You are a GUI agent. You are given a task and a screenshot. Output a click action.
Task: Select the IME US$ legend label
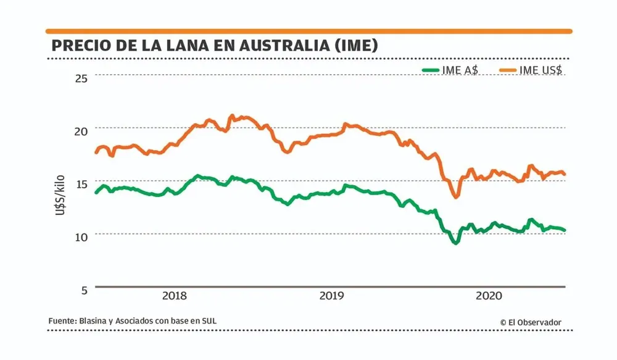tap(540, 70)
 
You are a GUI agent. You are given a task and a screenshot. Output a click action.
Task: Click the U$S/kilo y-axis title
tap(61, 193)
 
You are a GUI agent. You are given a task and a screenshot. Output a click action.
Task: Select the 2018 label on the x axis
tap(175, 296)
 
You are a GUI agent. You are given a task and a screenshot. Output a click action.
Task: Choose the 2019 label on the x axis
tap(332, 296)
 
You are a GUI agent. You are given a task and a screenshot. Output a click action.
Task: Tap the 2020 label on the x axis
tap(489, 296)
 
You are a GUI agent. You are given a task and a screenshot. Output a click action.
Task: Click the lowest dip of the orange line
tap(456, 196)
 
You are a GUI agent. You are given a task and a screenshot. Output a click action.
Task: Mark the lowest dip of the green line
tap(456, 243)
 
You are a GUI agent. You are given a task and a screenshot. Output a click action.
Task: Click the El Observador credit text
tap(534, 322)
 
